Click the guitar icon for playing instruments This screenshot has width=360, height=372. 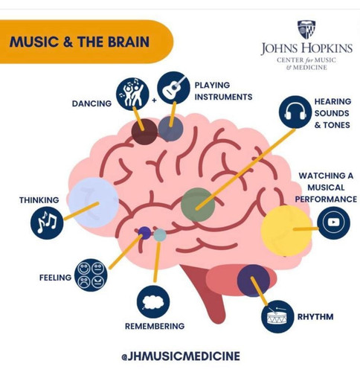click(x=173, y=88)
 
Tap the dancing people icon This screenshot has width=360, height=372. click(x=132, y=94)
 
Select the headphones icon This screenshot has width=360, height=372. click(x=295, y=112)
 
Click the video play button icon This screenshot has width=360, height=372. click(x=333, y=222)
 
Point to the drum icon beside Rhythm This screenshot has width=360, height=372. click(x=277, y=316)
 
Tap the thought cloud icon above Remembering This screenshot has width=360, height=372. click(x=153, y=302)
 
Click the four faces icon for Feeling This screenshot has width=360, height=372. click(x=91, y=275)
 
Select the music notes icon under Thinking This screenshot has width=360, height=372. click(x=47, y=222)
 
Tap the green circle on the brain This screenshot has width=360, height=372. click(x=198, y=205)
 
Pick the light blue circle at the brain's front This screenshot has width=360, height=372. click(x=94, y=202)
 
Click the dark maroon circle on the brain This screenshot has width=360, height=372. click(x=144, y=132)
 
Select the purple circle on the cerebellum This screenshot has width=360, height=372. click(x=253, y=280)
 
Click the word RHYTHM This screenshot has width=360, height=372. click(x=315, y=317)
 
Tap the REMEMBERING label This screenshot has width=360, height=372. click(x=155, y=326)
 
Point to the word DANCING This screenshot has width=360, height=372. click(x=91, y=103)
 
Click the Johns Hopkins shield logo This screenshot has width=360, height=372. click(x=306, y=30)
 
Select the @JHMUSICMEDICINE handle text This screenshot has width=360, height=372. click(x=181, y=356)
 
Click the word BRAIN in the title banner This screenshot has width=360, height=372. click(x=129, y=42)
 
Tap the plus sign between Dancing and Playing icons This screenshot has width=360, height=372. click(x=155, y=100)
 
